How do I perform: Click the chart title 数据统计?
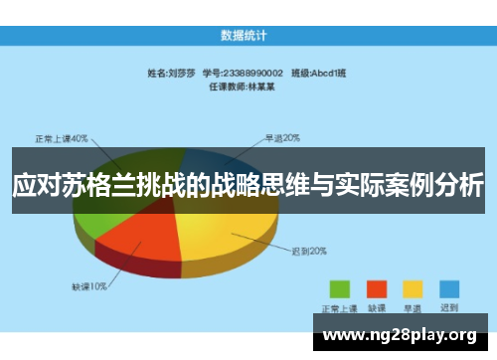coord(248,36)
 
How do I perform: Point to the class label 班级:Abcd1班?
coord(316,73)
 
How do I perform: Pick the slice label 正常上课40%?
coord(63,137)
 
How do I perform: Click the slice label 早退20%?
coord(282,137)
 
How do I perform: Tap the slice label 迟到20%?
coord(308,251)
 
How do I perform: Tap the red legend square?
coord(377,287)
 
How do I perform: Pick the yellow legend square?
coord(413,287)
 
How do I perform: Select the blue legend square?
coord(449,287)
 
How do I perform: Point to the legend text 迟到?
coord(449,306)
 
